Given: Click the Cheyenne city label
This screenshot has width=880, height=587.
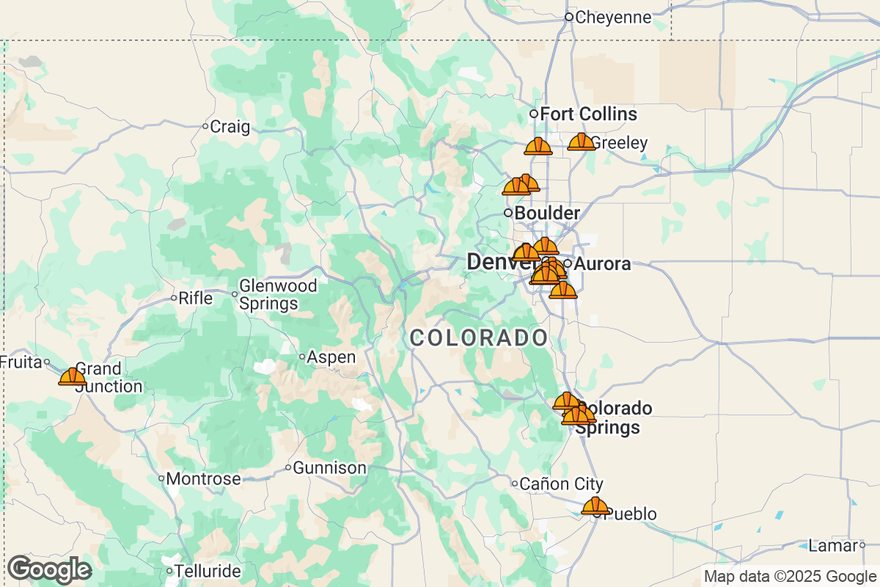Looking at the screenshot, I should coord(613,17).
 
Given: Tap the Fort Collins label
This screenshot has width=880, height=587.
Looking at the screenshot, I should coord(588,114).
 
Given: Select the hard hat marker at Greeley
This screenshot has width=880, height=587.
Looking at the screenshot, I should coord(582,142).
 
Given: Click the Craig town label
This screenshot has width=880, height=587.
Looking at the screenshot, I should coord(230,126).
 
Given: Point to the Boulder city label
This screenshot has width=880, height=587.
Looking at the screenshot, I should coord(547,213).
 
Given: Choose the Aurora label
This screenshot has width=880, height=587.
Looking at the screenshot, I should coord(602,263).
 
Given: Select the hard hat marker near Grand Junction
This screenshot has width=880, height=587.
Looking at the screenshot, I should coord(72,376).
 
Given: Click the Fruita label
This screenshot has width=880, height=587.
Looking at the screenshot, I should coord(21,361).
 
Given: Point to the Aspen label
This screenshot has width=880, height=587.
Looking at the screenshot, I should coord(331,357).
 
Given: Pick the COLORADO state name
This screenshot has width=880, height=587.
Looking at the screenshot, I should coord(478,338).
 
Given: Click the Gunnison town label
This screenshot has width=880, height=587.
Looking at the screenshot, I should coord(329,467).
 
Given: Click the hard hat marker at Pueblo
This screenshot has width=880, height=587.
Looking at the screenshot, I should coord(595,506).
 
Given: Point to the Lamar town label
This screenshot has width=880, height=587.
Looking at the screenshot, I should coord(832,545).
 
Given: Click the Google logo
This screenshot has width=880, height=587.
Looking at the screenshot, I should coord(49,569).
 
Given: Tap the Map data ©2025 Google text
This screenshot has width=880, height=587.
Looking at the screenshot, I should coord(790,576).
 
